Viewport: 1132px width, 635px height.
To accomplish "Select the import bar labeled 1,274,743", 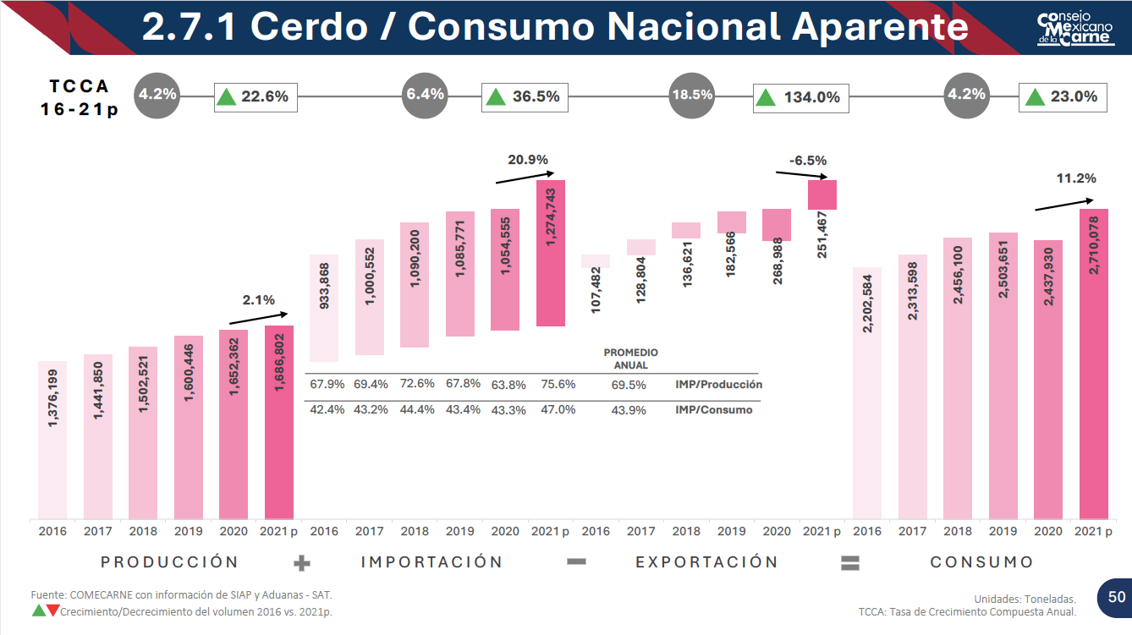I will pos(550,253).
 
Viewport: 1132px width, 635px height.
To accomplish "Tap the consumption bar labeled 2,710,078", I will pos(1094,364).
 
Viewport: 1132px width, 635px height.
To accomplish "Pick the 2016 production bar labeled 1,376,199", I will pos(52,440).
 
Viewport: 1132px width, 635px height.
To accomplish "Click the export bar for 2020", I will pos(777,225).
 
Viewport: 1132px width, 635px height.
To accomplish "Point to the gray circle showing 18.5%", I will pos(691,96).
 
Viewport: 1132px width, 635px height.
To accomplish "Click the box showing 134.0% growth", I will pos(800,97).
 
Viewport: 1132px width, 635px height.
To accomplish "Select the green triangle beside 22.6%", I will pos(226,96).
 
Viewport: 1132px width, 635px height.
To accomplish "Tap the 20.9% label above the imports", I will pos(528,159).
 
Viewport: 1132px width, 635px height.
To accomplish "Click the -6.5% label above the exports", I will pos(808,160).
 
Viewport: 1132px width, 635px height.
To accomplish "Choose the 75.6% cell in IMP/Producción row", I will pos(558,384).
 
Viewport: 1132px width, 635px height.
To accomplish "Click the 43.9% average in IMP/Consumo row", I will pos(628,410).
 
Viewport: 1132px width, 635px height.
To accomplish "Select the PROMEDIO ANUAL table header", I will pos(630,359).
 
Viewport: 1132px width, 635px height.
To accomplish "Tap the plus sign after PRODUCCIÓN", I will pos(302,563).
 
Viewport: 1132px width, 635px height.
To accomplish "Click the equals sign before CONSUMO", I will pos(850,563).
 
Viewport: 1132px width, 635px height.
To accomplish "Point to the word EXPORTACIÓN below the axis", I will pos(706,562).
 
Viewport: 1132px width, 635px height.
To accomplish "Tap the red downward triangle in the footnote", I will pos(53,610).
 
